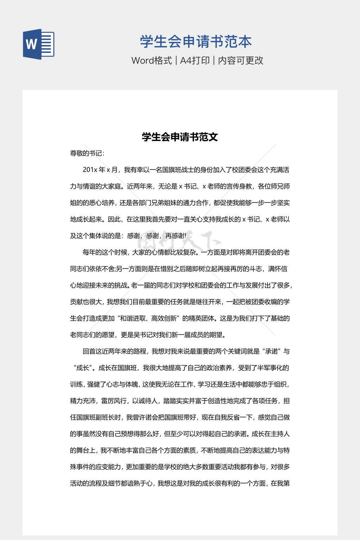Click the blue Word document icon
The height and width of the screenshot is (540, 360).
(39, 44)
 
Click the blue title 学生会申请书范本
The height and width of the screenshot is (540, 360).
(196, 42)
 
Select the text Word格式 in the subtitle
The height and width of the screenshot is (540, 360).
(152, 60)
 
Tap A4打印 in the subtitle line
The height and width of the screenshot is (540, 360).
(195, 60)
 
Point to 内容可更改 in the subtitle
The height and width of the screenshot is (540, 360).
(240, 60)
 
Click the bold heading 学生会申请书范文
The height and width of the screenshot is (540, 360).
(180, 137)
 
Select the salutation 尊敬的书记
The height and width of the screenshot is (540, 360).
(86, 153)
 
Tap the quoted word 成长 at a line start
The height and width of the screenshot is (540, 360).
(83, 368)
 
